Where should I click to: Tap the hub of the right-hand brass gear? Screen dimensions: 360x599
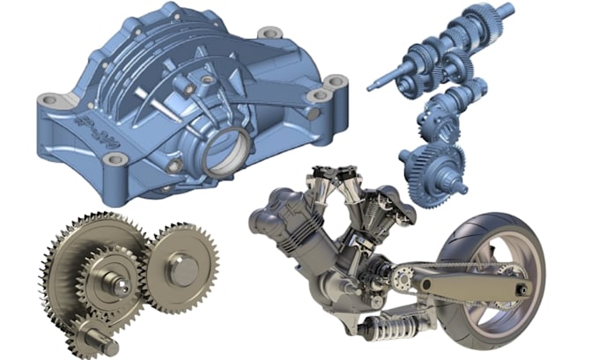(x=182, y=268)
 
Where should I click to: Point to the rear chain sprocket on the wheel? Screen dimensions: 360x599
(x=502, y=273)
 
